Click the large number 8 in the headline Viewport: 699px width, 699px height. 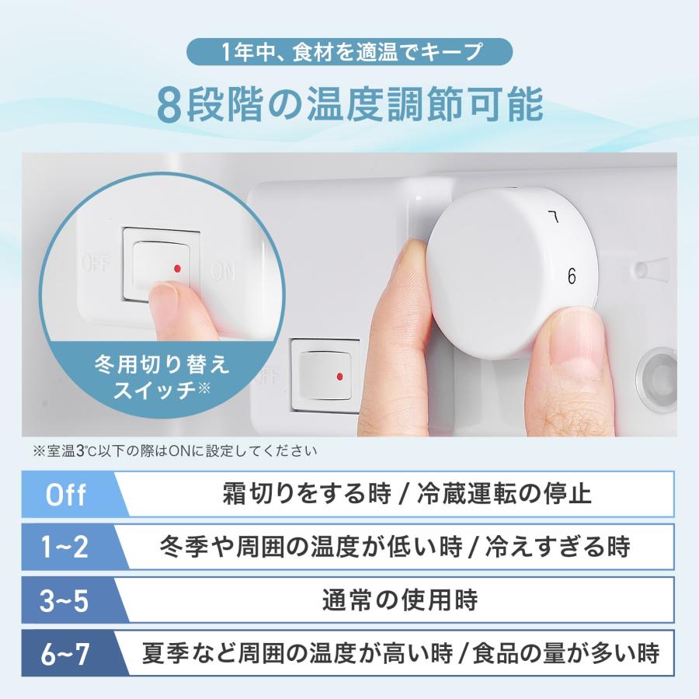pos(169,106)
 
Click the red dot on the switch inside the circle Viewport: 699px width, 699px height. pos(178,268)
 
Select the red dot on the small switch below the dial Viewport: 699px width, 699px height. pos(340,377)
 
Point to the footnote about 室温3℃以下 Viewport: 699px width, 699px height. pos(175,450)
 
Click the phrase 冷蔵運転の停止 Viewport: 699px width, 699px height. pos(505,494)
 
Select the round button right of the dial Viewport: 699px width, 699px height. pos(659,374)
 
